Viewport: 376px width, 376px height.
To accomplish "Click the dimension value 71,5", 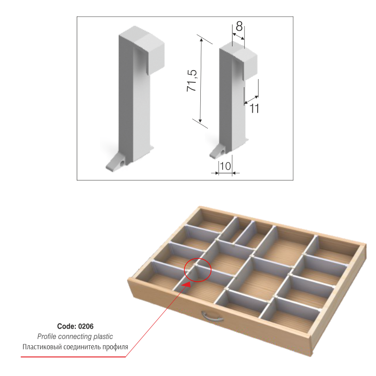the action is pyautogui.click(x=192, y=81).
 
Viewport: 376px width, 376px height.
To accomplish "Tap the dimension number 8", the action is pyautogui.click(x=239, y=26).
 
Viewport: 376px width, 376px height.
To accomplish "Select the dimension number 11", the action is pyautogui.click(x=254, y=108).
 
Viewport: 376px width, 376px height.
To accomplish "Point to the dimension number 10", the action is pyautogui.click(x=225, y=166).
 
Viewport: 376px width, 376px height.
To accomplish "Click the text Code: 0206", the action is pyautogui.click(x=75, y=326).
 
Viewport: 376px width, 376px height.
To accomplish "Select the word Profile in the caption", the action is pyautogui.click(x=47, y=336).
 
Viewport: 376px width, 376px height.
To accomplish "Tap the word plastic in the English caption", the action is pyautogui.click(x=103, y=337).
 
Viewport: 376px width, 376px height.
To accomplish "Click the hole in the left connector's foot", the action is pyautogui.click(x=123, y=163).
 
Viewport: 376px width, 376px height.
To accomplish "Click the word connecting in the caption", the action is pyautogui.click(x=75, y=337).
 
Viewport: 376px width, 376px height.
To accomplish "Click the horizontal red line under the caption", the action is pyautogui.click(x=73, y=357).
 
